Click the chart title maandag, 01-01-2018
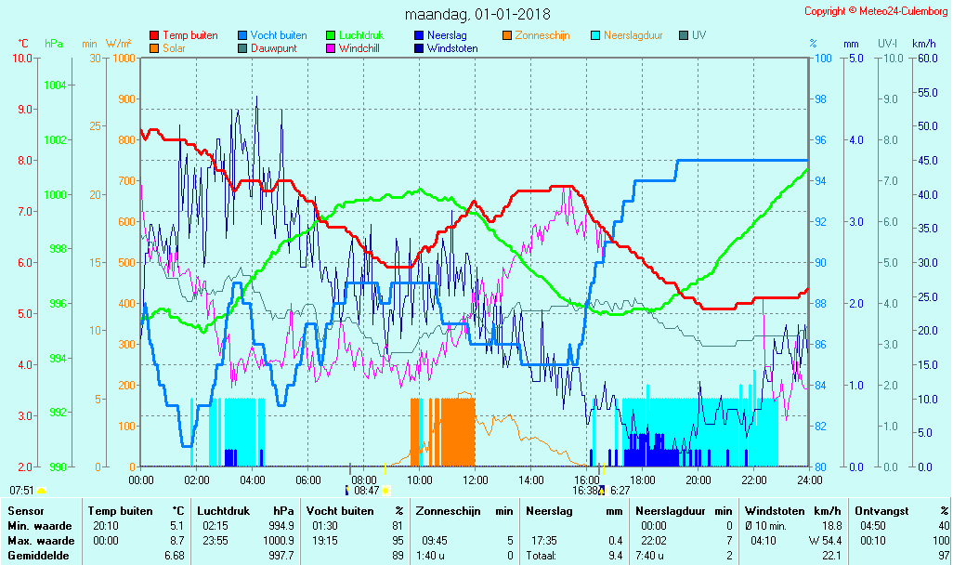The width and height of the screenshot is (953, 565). coord(477,14)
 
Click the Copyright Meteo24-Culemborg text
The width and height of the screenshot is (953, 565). coord(876,11)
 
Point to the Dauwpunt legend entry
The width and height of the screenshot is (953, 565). coord(274,48)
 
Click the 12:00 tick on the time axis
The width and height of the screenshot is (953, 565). coord(475,480)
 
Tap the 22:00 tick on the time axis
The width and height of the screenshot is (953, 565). coord(753,480)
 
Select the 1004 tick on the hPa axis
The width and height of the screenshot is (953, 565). coord(55,85)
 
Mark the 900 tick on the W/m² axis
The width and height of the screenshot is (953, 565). coord(124,99)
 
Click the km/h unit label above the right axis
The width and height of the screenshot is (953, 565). coord(923,44)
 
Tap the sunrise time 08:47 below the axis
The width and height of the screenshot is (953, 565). coord(367,491)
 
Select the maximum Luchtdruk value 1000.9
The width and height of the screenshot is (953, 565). coord(278,541)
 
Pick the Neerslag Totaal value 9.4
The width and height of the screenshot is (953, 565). coord(616,556)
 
